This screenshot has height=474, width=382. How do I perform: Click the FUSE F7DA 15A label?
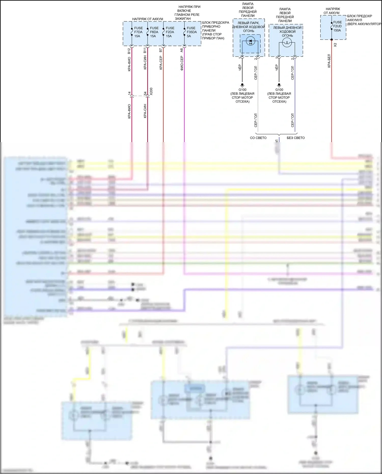(138, 32)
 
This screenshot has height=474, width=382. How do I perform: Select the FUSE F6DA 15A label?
(154, 32)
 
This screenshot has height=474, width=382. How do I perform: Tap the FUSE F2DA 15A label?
(170, 32)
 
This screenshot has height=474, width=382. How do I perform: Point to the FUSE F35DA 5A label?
(192, 32)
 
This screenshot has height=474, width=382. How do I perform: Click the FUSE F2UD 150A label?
(337, 26)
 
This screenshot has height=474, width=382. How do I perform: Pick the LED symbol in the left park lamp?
(250, 41)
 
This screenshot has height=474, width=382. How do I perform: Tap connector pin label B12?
(129, 51)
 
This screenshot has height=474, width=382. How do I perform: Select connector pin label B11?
(145, 50)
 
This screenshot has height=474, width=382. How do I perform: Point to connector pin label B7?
(161, 50)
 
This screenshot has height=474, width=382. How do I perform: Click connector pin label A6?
(182, 50)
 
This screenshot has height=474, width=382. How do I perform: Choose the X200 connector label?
(151, 91)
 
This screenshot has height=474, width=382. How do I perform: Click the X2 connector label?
(335, 45)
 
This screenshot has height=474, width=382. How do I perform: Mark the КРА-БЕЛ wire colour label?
(329, 61)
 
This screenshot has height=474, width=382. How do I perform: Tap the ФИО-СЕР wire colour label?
(182, 63)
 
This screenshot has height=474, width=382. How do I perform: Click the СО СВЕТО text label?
(258, 138)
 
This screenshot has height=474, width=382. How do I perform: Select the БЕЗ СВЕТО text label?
(296, 138)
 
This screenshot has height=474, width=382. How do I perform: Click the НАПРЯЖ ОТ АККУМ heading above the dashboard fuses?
(147, 19)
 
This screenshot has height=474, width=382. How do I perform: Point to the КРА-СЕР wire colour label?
(161, 63)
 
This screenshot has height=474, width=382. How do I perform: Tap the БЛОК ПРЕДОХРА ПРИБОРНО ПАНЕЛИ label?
(215, 30)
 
